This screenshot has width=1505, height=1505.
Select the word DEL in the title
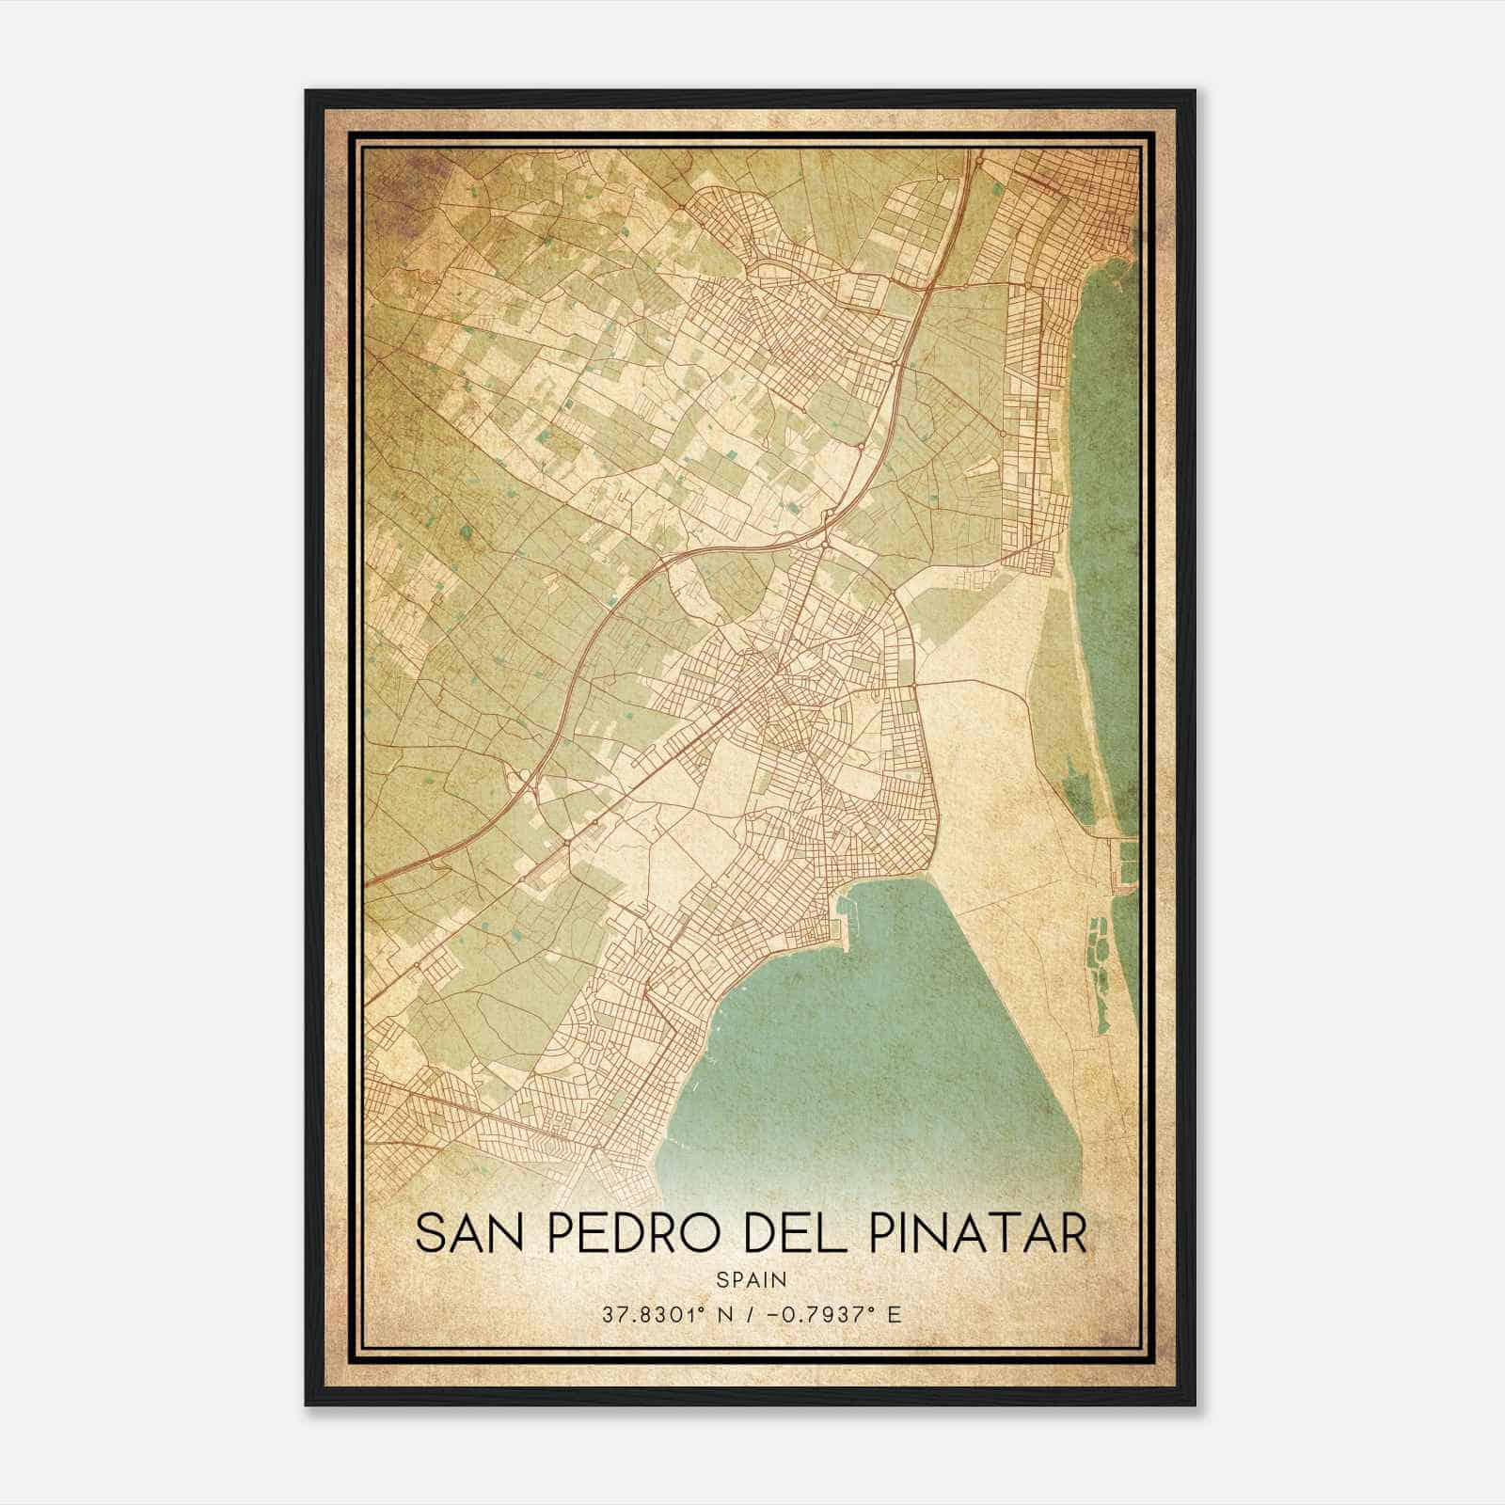(788, 1234)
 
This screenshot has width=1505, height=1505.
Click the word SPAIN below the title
(752, 1279)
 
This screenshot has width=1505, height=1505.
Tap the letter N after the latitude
(724, 1314)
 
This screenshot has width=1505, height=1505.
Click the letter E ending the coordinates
(895, 1314)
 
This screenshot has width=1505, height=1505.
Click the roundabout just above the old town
(824, 544)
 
